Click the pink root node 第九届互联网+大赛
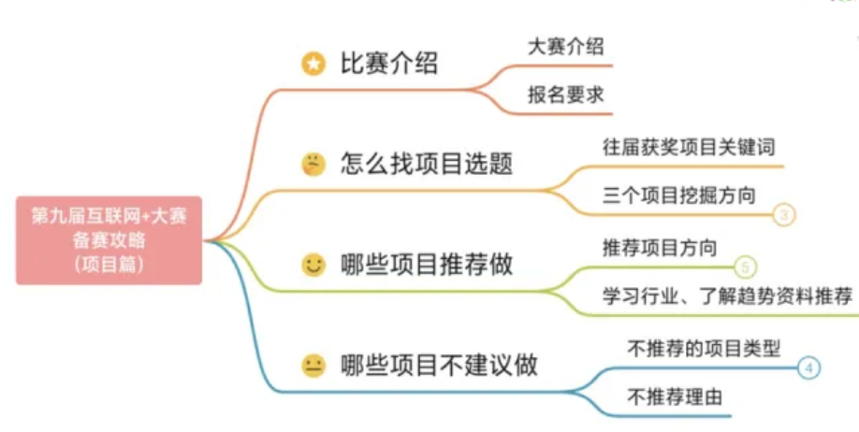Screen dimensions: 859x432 tap(109, 240)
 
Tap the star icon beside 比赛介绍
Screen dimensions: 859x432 tap(313, 65)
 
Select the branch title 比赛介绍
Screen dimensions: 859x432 tap(389, 64)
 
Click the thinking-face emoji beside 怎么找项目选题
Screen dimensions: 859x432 tap(313, 165)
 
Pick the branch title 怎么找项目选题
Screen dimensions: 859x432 tap(427, 164)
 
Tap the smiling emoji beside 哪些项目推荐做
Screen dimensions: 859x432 tap(313, 266)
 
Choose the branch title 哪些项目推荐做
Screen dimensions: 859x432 tap(427, 265)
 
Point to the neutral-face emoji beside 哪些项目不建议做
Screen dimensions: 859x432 tap(313, 367)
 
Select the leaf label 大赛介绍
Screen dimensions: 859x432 tap(566, 46)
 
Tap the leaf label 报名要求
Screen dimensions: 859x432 tap(566, 94)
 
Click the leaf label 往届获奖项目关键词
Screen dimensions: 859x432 tap(689, 148)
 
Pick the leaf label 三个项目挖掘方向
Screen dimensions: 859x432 tap(678, 195)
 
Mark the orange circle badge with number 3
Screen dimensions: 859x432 tap(784, 215)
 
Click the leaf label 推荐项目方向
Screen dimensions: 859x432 tap(660, 248)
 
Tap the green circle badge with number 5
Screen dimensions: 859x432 tap(745, 267)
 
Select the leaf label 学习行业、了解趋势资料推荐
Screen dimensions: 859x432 tap(727, 295)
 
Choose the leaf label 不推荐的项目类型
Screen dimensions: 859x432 tap(704, 348)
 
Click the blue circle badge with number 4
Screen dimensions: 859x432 tap(808, 367)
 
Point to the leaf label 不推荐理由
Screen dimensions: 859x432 tap(675, 396)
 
